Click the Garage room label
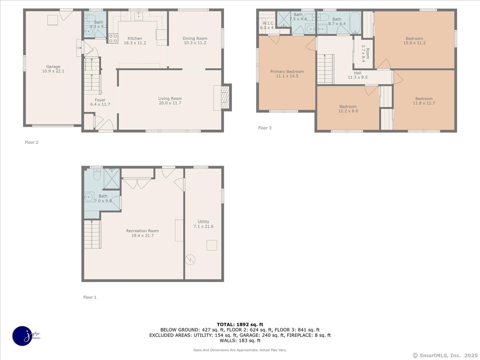53,67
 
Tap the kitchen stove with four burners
113,38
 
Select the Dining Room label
194,38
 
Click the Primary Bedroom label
287,72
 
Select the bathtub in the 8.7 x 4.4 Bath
355,23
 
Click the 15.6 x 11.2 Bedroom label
414,39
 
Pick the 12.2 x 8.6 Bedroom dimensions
348,111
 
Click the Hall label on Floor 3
357,73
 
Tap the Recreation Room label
142,231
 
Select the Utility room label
203,222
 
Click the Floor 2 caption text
32,142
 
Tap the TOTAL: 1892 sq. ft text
240,324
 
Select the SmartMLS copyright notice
445,355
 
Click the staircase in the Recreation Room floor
92,234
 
